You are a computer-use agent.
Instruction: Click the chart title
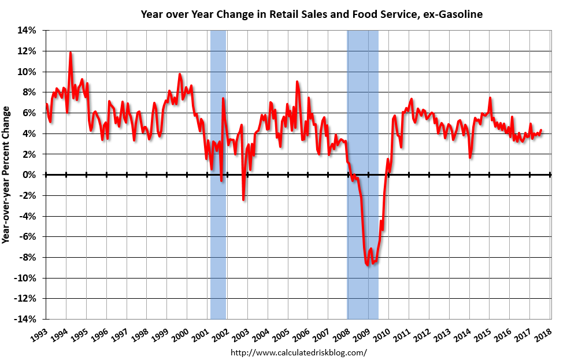[312, 13]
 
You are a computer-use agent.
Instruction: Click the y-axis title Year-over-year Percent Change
[8, 175]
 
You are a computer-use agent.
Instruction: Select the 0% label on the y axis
[31, 175]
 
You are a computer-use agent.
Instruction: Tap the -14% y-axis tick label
[27, 319]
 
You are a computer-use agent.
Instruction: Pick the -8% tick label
[29, 257]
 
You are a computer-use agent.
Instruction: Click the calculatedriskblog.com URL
[299, 352]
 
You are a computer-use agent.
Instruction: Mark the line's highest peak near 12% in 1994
[71, 53]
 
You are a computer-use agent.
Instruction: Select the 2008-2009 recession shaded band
[362, 116]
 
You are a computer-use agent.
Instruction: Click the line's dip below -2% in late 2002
[243, 199]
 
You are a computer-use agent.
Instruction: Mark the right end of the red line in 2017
[541, 130]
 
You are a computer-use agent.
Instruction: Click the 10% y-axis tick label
[29, 72]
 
